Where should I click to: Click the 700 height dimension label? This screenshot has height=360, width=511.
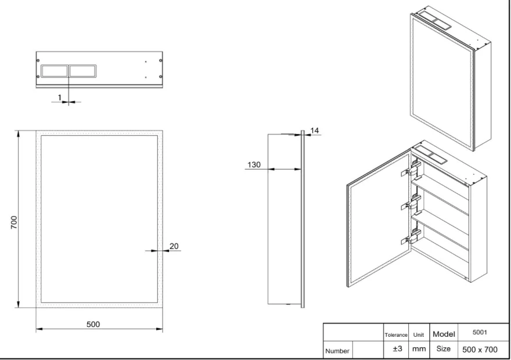click(14, 222)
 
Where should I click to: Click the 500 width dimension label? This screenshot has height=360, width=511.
click(93, 324)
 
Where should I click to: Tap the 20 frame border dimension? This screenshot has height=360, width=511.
click(174, 246)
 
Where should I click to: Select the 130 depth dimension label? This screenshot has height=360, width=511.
click(254, 165)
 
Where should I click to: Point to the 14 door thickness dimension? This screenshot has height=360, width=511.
click(315, 131)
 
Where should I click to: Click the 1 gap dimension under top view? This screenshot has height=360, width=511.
click(60, 98)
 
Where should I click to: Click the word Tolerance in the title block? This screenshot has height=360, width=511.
click(396, 335)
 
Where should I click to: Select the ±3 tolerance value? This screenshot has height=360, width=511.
click(398, 348)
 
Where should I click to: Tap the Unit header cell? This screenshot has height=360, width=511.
click(419, 335)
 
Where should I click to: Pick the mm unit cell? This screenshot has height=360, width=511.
click(419, 349)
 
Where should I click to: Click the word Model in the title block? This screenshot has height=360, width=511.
click(444, 334)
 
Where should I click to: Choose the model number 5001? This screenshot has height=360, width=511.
click(480, 332)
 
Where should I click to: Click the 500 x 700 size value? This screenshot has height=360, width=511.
click(480, 350)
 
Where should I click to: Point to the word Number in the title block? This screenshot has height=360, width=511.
click(337, 351)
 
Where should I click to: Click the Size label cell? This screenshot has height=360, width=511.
click(444, 348)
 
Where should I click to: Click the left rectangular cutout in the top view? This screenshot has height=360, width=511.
click(55, 71)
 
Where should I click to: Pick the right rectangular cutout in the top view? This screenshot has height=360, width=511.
click(83, 71)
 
